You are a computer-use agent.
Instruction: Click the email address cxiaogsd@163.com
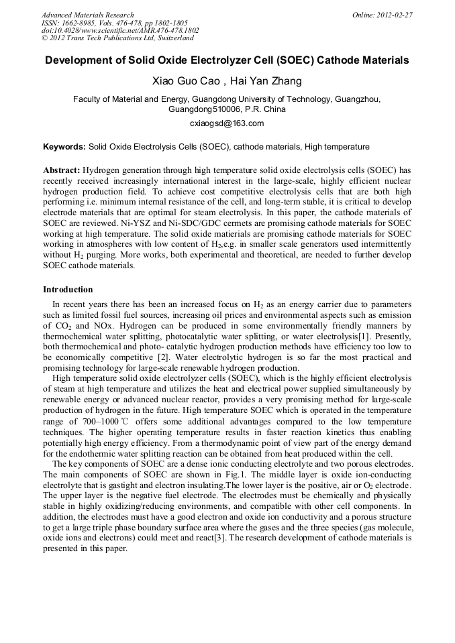[227, 123]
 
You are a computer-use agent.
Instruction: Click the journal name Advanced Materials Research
[87, 15]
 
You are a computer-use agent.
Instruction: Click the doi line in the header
[120, 31]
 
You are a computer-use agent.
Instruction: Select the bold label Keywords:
[64, 146]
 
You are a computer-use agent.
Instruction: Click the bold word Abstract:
[62, 170]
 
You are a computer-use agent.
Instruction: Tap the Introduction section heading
[68, 290]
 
